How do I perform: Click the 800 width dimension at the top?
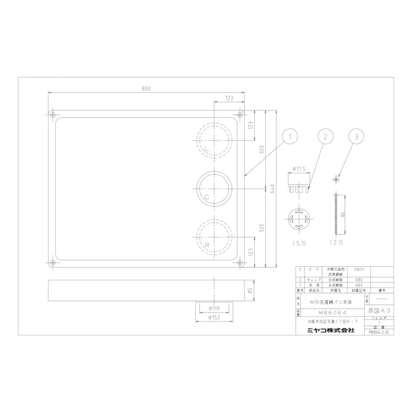[146, 89]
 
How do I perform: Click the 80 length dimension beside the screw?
[343, 214]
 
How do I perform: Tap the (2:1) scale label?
[336, 243]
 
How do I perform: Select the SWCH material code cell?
[358, 270]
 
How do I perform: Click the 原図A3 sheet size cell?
[380, 310]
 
